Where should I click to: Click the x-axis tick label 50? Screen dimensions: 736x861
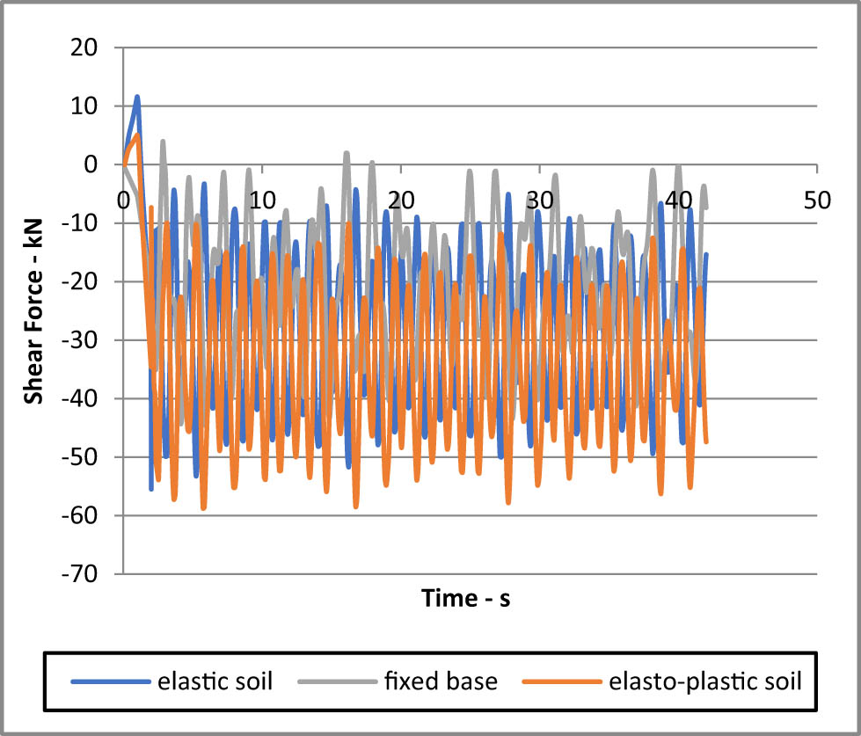(816, 200)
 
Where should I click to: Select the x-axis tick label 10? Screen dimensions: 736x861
(261, 200)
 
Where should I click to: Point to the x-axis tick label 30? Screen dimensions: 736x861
(539, 200)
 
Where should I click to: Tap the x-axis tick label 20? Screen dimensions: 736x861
(400, 200)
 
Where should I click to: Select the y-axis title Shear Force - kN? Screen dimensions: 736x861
(34, 311)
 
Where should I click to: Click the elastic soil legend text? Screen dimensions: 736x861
(209, 681)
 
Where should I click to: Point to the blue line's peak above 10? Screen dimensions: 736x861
(137, 97)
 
